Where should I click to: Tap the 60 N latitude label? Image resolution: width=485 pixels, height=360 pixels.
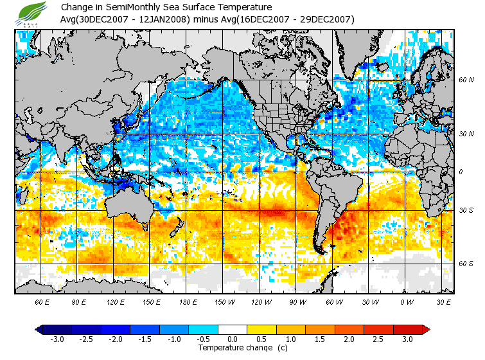click(466, 80)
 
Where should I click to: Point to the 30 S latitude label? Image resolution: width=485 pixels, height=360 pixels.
click(466, 211)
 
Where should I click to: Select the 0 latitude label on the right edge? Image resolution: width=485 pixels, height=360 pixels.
click(460, 172)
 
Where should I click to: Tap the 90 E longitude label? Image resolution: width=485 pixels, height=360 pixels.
click(78, 301)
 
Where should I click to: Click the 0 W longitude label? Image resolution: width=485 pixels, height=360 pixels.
click(407, 301)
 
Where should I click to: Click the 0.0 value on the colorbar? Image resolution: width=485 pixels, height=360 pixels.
click(233, 339)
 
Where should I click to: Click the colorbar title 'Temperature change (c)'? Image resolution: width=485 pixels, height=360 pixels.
click(233, 348)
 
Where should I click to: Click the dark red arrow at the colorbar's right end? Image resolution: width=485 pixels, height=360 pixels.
click(426, 330)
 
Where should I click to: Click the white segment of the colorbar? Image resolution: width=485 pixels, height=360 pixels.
click(233, 330)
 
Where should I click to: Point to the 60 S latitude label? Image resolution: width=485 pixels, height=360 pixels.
click(466, 264)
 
